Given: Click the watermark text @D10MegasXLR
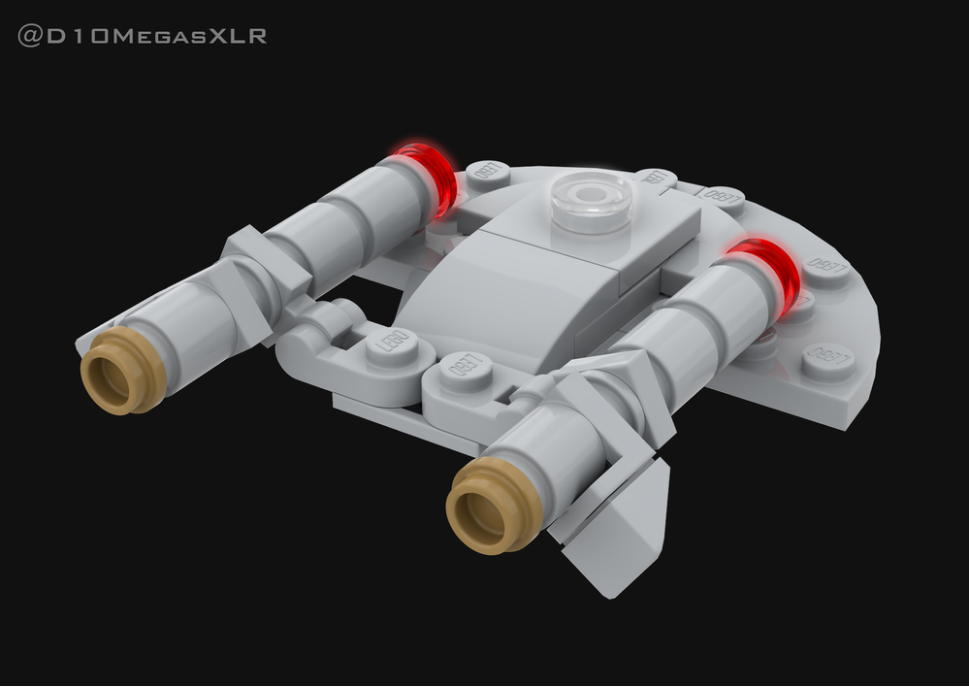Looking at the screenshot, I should [x=142, y=37].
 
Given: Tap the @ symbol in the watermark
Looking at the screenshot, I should [x=28, y=37].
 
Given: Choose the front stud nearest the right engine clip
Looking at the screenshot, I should [x=467, y=370].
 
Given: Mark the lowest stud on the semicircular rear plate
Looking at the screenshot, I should [x=827, y=361].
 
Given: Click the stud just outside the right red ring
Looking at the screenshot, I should [x=825, y=268].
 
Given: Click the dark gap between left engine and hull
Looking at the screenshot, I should [x=373, y=291].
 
